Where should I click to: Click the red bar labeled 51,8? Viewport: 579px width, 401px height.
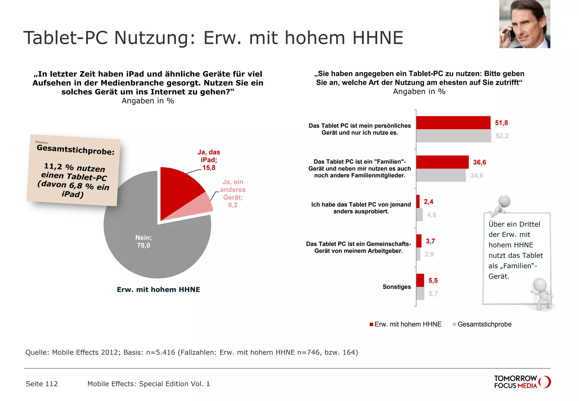click(453, 123)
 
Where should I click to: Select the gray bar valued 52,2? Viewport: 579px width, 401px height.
click(453, 136)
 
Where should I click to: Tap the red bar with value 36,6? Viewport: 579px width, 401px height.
click(442, 162)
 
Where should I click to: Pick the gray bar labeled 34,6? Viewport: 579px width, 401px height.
click(441, 175)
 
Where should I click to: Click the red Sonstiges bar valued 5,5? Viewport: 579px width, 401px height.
click(420, 280)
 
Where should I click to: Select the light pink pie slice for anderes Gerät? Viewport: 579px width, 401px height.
click(198, 206)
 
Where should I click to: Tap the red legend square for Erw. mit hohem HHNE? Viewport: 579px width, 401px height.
click(371, 324)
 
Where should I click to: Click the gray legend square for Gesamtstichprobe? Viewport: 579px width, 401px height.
click(454, 324)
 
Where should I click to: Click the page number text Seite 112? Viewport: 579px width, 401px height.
click(42, 384)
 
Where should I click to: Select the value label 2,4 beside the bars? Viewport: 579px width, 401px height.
click(428, 202)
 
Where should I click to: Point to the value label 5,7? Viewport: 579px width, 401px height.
click(433, 294)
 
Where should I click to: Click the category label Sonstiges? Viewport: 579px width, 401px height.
click(397, 287)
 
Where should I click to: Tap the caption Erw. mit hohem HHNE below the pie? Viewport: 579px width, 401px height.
click(158, 290)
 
